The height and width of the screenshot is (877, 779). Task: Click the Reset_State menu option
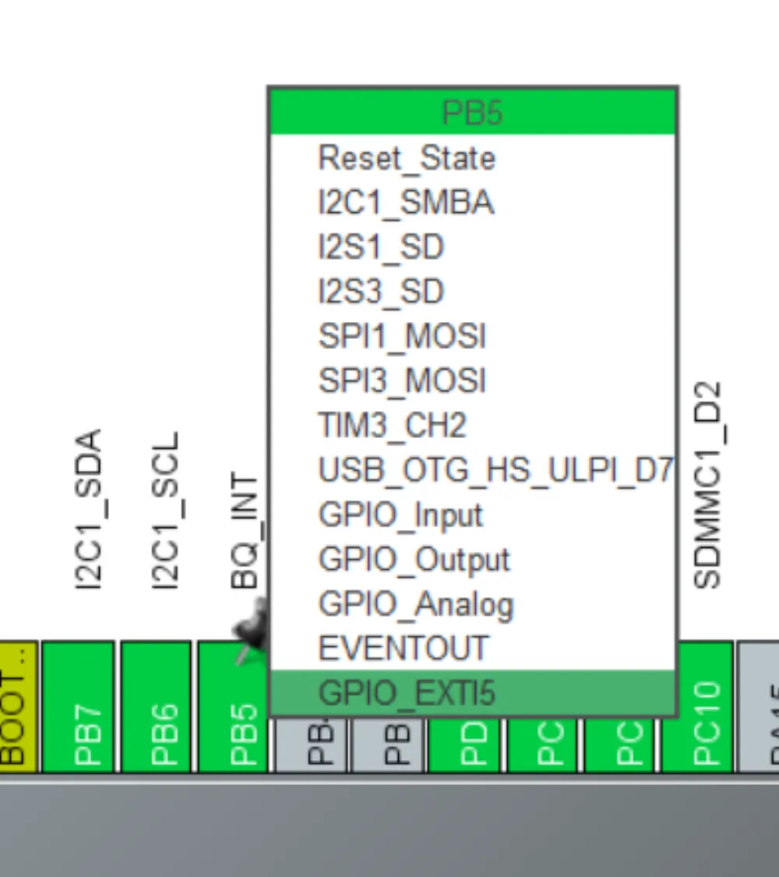tap(407, 158)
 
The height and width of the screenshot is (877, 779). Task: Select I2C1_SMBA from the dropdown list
tap(406, 203)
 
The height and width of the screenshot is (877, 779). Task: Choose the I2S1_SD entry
tap(381, 247)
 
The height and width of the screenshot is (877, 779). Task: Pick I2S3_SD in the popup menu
tap(381, 292)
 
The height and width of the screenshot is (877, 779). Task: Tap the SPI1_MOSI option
tap(402, 336)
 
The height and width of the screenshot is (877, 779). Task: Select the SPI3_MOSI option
tap(402, 380)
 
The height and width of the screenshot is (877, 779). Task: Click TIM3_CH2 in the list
tap(392, 425)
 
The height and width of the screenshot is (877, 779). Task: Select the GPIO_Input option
tap(400, 515)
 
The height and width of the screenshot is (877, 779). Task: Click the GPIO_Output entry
tap(414, 559)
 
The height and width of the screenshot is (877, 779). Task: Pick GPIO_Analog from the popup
tap(416, 604)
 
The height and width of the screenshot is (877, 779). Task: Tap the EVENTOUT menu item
tap(404, 649)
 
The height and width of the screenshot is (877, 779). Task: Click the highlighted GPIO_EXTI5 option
tap(407, 693)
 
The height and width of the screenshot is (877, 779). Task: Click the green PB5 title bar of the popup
tap(472, 112)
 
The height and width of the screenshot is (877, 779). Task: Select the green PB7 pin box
tap(78, 706)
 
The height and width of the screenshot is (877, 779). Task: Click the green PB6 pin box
tap(156, 706)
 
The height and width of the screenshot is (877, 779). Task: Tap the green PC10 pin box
tap(698, 706)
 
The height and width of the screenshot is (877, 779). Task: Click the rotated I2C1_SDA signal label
tap(90, 509)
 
